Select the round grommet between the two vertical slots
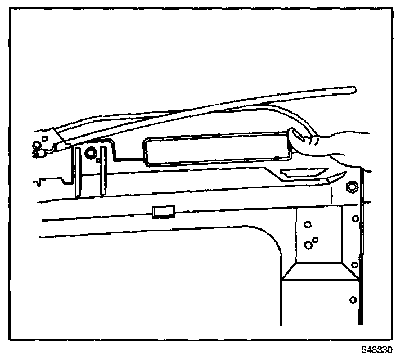pyautogui.click(x=89, y=153)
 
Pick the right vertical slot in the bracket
pyautogui.click(x=102, y=171)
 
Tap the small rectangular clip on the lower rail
pyautogui.click(x=164, y=212)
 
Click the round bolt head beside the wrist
pyautogui.click(x=352, y=187)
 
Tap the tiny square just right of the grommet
pyautogui.click(x=98, y=160)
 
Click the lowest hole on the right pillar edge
pyautogui.click(x=352, y=299)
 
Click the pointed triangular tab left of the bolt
pyautogui.click(x=332, y=179)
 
